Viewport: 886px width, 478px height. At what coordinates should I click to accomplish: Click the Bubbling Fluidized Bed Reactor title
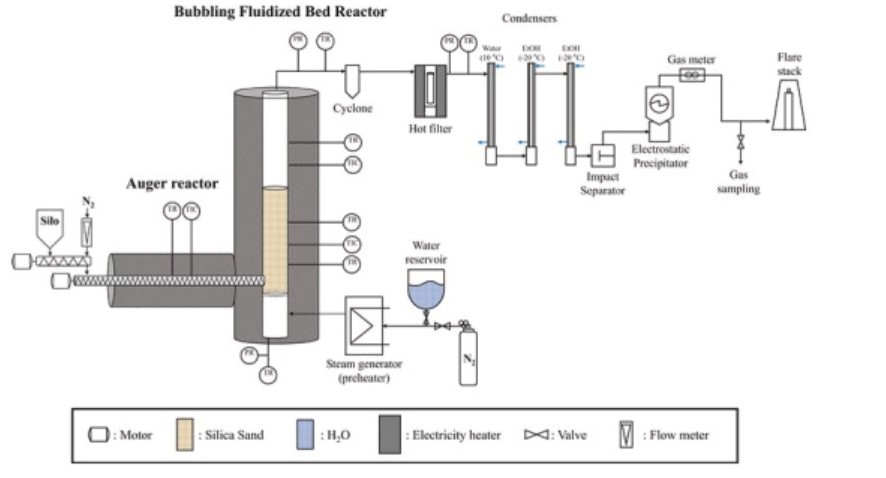tap(279, 12)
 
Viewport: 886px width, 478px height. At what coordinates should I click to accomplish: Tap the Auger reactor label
tap(171, 184)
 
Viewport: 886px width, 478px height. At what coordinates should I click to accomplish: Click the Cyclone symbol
tap(352, 78)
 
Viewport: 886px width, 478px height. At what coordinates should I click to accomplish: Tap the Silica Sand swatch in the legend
tap(185, 435)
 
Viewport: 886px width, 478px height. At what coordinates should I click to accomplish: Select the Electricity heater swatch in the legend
tap(392, 435)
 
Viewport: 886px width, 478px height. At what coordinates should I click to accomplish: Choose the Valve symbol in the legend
tap(536, 435)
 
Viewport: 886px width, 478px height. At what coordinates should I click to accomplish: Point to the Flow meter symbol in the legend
tap(625, 435)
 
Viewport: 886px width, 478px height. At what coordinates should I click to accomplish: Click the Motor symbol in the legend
tap(101, 435)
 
